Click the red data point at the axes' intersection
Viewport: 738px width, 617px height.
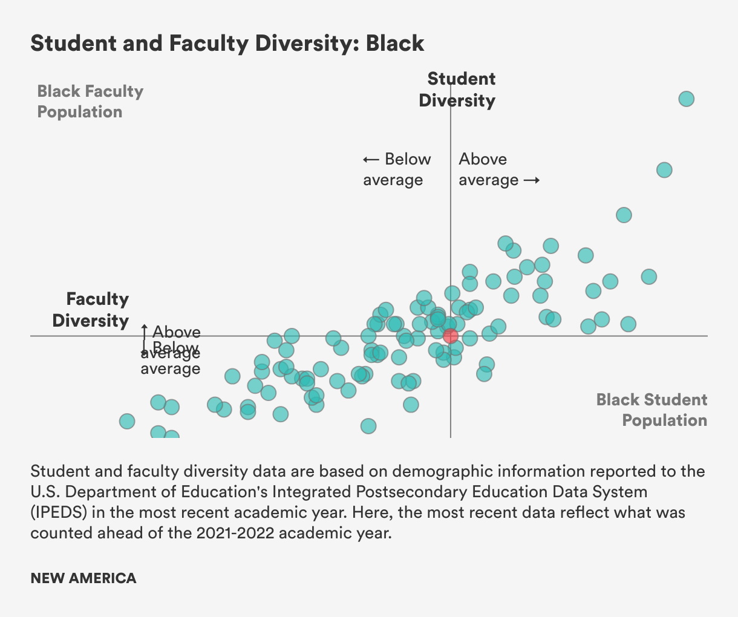450,336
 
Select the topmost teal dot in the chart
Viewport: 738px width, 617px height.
686,99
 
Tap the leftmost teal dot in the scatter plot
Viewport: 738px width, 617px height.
127,421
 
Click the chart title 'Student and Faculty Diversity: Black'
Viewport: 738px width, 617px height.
227,44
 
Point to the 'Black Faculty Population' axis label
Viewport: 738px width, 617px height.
90,102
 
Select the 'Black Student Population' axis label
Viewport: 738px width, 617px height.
651,410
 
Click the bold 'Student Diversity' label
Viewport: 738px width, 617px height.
457,90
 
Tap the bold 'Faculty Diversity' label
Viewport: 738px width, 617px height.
91,310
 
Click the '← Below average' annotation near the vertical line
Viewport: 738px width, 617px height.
397,169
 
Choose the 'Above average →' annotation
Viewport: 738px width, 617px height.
498,169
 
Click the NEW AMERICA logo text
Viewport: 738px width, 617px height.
83,578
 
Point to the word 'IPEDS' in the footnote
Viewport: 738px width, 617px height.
59,512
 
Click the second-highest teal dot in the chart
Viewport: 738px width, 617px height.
664,170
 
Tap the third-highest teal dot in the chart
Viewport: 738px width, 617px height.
624,215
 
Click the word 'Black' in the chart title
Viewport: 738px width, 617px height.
395,44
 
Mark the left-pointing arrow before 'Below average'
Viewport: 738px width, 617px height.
371,160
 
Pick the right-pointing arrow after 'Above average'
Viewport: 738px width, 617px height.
531,180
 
